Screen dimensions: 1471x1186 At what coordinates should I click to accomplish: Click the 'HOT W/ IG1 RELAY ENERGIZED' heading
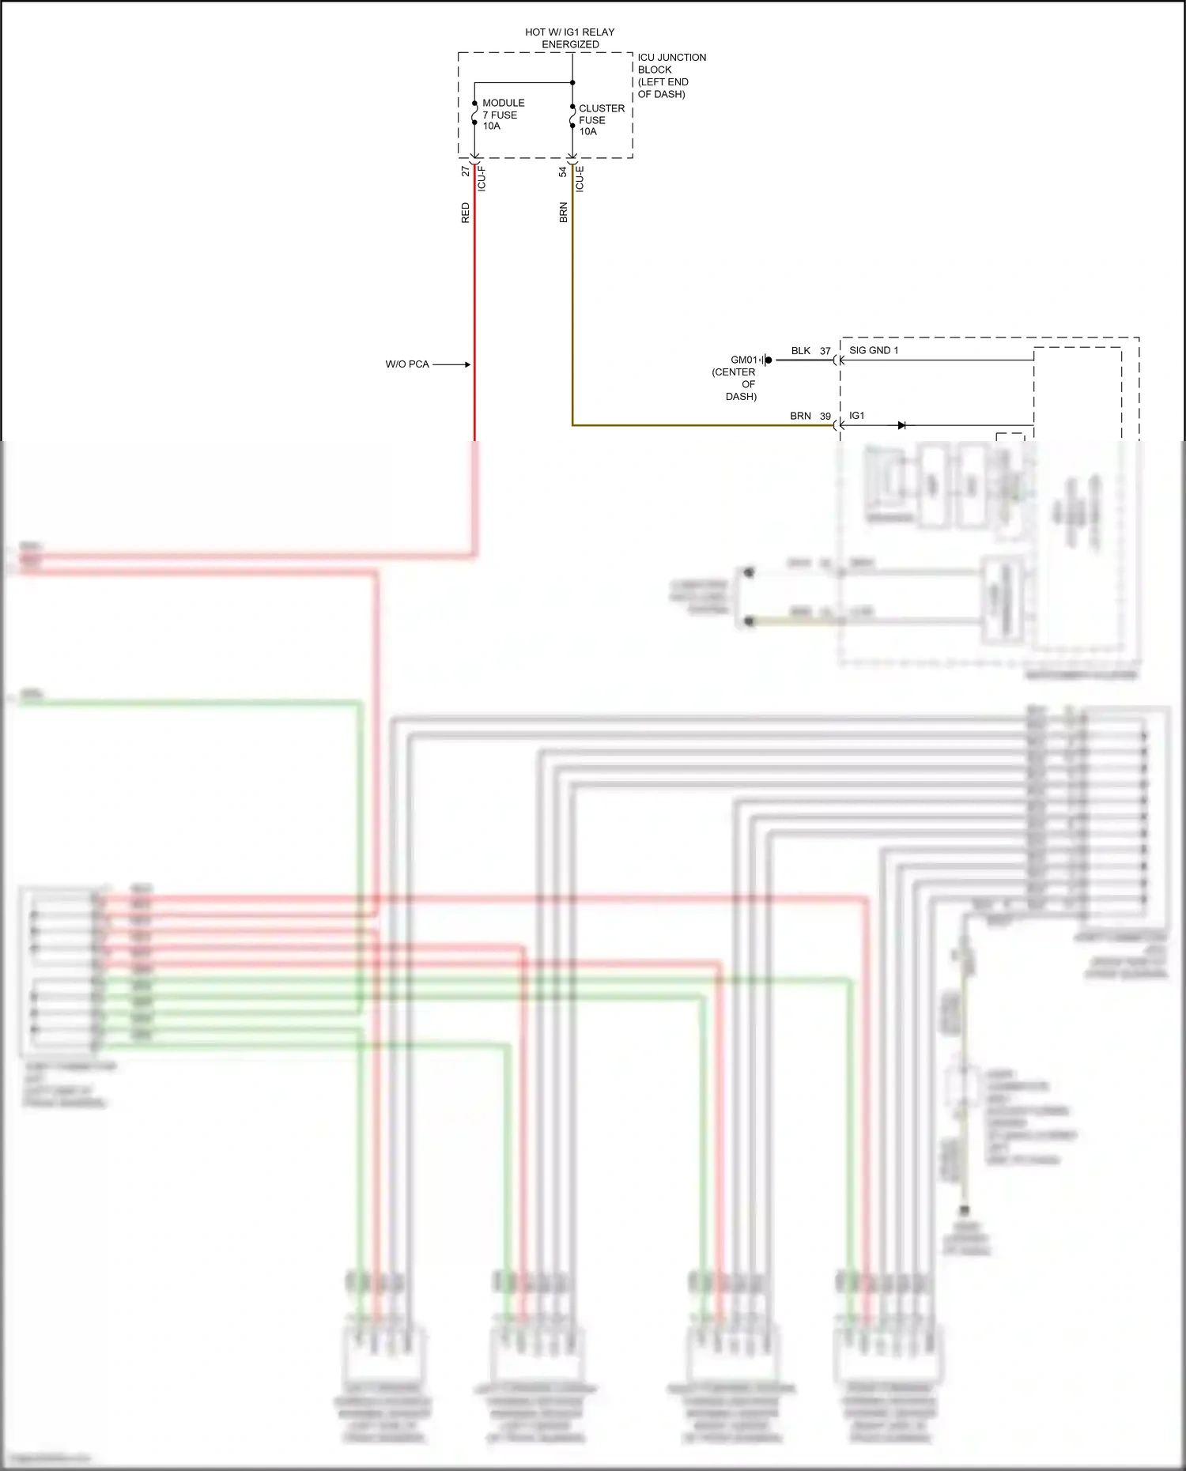click(x=570, y=38)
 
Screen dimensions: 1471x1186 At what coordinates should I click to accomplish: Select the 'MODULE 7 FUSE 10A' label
click(x=503, y=115)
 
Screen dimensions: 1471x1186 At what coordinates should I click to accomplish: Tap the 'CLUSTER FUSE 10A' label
click(x=601, y=120)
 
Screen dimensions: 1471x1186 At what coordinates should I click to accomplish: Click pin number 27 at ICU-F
click(x=466, y=171)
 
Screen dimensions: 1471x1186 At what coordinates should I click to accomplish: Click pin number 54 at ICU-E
click(x=563, y=172)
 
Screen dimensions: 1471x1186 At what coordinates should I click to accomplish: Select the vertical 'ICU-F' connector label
click(x=482, y=179)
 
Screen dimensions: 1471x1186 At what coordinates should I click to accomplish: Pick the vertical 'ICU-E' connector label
click(x=580, y=179)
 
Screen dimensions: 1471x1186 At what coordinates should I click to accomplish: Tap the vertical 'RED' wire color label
click(x=466, y=213)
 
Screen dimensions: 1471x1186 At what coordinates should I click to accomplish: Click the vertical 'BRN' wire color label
click(x=564, y=213)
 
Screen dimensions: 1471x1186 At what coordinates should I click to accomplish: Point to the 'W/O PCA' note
click(x=407, y=364)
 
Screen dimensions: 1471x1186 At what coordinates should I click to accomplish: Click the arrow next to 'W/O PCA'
click(x=452, y=364)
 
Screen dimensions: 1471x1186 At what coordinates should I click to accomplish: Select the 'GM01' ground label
click(x=744, y=360)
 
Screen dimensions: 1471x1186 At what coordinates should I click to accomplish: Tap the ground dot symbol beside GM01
click(x=769, y=360)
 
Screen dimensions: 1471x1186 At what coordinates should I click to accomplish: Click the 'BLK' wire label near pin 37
click(x=801, y=351)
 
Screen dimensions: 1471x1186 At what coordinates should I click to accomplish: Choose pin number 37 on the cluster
click(x=825, y=351)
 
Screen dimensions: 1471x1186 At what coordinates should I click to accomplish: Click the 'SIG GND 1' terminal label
click(x=874, y=350)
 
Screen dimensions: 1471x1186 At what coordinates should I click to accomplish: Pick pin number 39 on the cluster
click(x=825, y=416)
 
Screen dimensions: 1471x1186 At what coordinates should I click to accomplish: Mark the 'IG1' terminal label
click(x=857, y=416)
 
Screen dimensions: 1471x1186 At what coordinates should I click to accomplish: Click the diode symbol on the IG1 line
click(x=901, y=425)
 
